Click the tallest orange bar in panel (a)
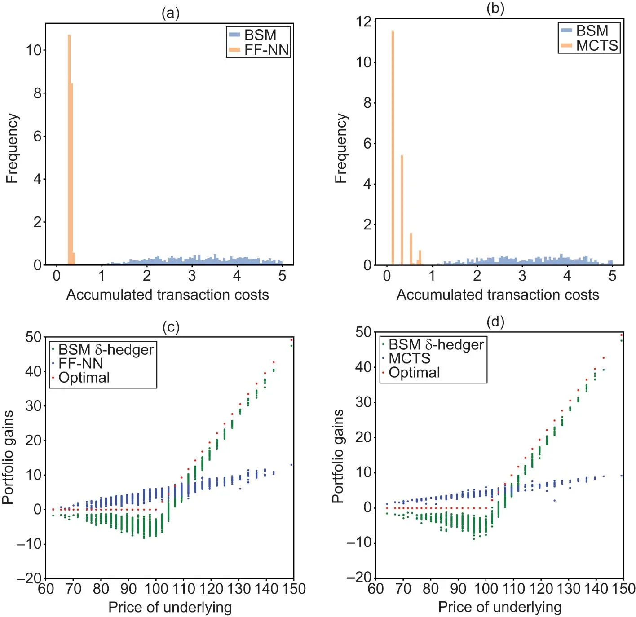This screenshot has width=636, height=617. click(69, 148)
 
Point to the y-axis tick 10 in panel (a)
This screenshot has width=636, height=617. click(34, 50)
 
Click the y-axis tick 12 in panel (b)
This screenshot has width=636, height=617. click(364, 22)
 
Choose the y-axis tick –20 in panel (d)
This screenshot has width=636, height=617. click(359, 577)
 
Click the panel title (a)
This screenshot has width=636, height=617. click(171, 13)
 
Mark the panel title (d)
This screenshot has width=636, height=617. click(495, 322)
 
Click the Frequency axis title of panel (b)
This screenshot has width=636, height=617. click(341, 148)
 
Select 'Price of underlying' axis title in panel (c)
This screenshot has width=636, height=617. click(170, 607)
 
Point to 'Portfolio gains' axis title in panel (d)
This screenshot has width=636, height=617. click(338, 456)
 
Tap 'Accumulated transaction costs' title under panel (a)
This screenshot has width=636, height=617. click(168, 295)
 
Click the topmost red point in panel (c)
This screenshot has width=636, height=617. click(291, 339)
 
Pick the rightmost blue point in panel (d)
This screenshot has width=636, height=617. click(622, 476)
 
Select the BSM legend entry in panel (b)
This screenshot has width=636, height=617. click(592, 31)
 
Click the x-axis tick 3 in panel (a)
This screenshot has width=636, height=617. click(192, 276)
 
